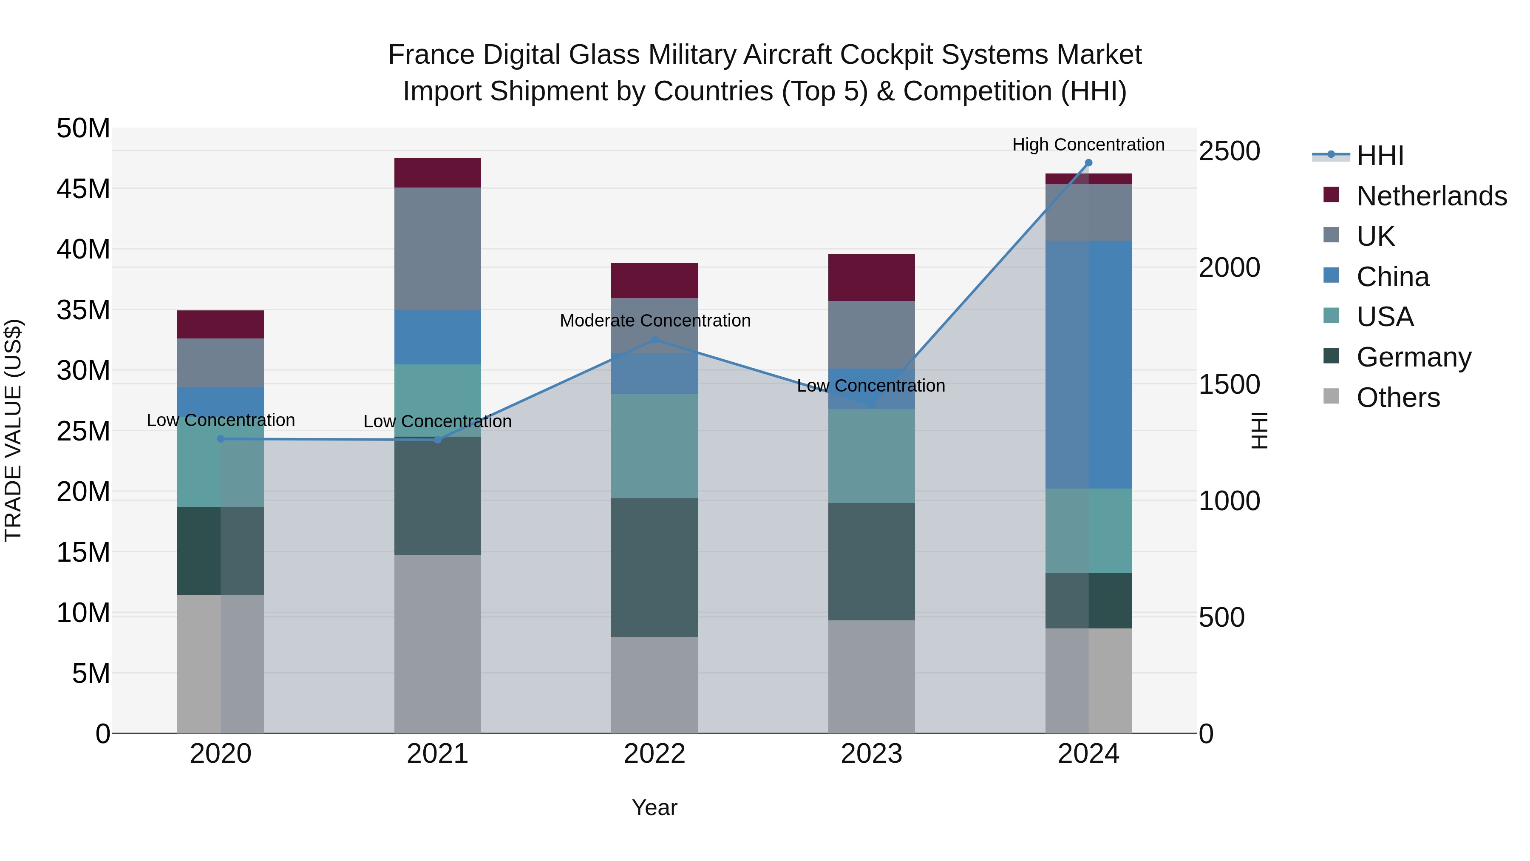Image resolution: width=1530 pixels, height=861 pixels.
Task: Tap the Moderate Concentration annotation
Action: [x=654, y=320]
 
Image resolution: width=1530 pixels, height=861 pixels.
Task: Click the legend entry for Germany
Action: [x=1414, y=357]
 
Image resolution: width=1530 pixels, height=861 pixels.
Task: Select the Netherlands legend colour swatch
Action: [x=1331, y=195]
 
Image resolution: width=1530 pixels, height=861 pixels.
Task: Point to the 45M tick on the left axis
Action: [x=83, y=189]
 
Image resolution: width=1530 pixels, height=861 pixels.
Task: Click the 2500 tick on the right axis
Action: [x=1228, y=151]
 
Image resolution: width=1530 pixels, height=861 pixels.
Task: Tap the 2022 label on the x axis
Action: [x=654, y=753]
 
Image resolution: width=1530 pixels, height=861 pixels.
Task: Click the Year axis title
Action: [x=654, y=807]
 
